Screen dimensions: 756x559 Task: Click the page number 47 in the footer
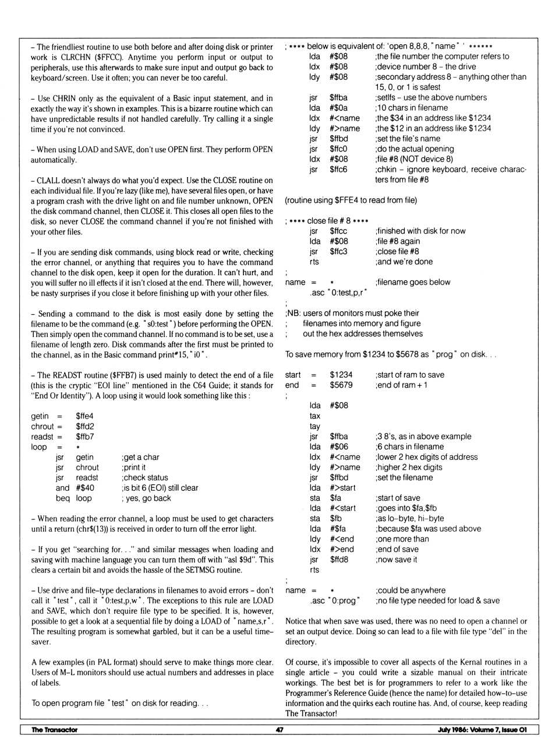pos(279,730)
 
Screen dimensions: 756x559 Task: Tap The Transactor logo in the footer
pos(54,730)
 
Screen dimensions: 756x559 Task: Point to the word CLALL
pos(51,181)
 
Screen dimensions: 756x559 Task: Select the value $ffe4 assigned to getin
pos(84,416)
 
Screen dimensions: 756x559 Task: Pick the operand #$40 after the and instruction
pos(85,488)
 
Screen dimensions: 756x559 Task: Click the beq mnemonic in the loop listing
pos(62,498)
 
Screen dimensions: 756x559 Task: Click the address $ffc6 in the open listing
pos(338,170)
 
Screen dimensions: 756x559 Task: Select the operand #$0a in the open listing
pos(338,108)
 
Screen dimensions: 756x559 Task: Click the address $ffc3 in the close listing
pos(338,252)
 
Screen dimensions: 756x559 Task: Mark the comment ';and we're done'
pos(404,262)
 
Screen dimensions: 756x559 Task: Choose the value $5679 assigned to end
pos(341,385)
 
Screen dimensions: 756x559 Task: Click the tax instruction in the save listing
pos(314,416)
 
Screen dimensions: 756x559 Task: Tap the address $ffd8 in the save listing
pos(339,560)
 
